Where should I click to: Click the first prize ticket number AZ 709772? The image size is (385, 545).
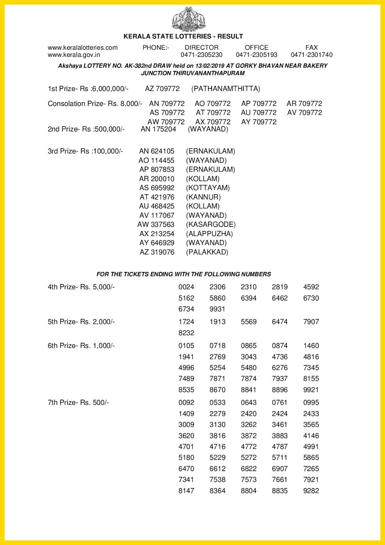(162, 89)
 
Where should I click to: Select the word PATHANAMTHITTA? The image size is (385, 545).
(226, 89)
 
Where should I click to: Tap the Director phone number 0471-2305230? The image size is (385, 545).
(201, 55)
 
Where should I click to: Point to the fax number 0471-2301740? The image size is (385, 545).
(311, 55)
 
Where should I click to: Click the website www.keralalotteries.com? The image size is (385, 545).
(83, 48)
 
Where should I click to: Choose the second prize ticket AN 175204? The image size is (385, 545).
(158, 129)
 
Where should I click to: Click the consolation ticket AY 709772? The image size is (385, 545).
(259, 122)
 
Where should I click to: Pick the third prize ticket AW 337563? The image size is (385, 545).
(156, 225)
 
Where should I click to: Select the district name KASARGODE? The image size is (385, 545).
(211, 225)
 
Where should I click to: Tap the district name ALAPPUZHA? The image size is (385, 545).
(209, 234)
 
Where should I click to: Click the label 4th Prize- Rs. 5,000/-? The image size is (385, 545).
(81, 287)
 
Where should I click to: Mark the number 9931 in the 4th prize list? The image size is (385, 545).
(218, 309)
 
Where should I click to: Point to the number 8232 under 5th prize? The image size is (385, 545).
(186, 333)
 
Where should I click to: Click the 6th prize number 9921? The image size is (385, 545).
(311, 390)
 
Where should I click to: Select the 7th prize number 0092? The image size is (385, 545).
(186, 403)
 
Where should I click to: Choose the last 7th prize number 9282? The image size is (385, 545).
(311, 491)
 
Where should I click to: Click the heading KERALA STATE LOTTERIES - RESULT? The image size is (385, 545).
(183, 36)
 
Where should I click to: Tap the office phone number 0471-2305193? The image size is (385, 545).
(256, 55)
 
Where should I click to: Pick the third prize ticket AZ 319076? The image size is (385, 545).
(157, 252)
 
